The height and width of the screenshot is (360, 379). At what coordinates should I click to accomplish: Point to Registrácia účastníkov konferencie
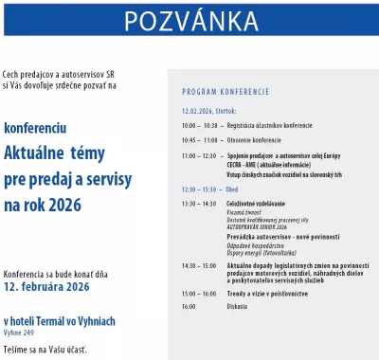pos(270,125)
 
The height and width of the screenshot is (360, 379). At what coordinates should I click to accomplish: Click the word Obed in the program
pos(233,189)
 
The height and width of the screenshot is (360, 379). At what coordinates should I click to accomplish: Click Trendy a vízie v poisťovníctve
pos(273,293)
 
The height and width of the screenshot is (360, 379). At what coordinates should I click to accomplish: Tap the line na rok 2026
pos(43,204)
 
